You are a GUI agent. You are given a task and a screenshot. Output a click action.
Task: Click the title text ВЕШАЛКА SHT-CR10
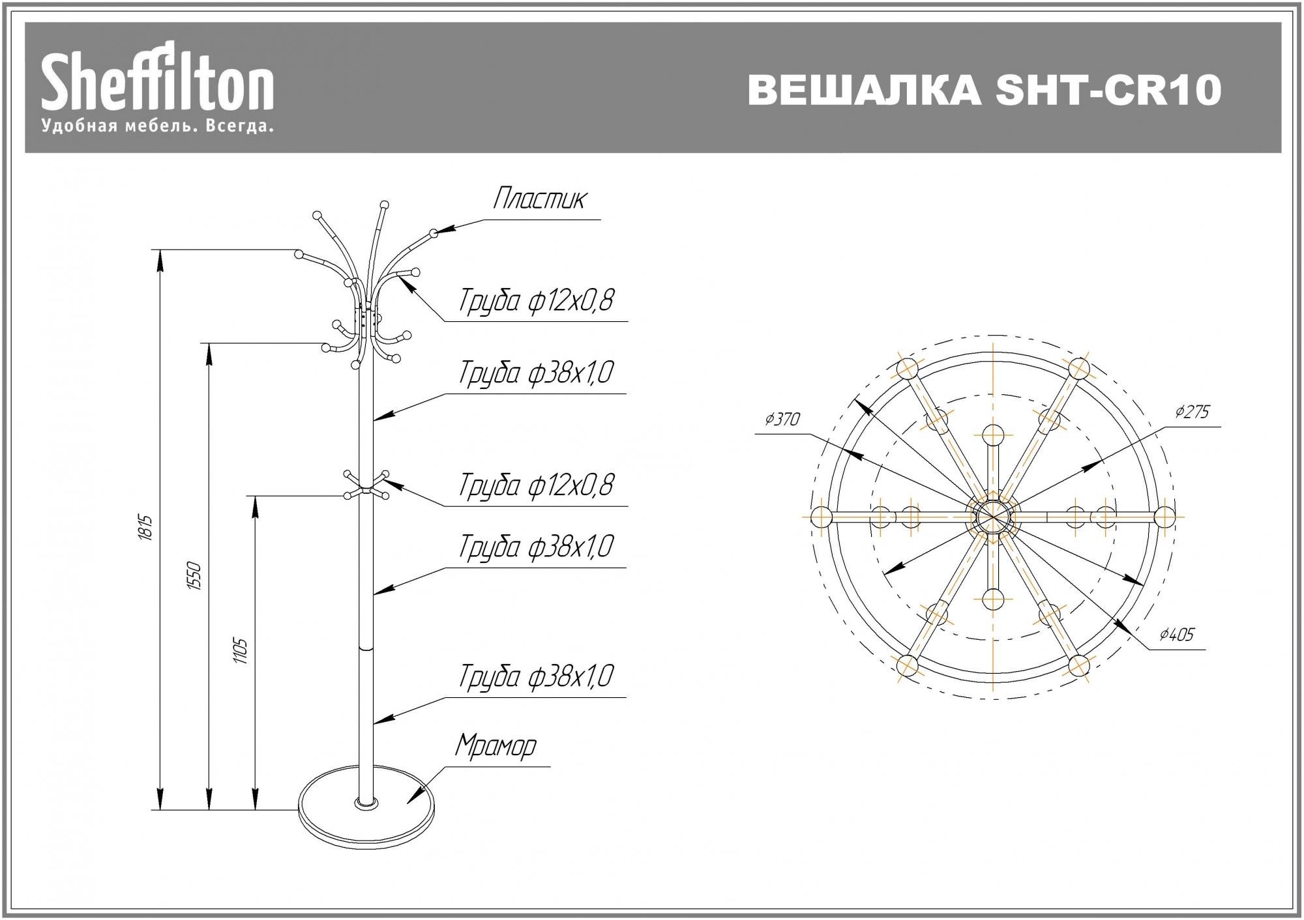pos(985,90)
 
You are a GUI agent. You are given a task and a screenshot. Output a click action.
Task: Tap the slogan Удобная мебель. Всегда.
pos(158,126)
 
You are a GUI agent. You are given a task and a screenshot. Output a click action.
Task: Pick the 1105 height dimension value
pos(240,651)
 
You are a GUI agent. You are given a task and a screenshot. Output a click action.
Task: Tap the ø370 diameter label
pos(782,419)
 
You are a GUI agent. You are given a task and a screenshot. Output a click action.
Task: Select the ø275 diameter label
pos(1193,411)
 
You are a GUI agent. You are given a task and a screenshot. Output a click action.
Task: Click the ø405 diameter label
pos(1178,634)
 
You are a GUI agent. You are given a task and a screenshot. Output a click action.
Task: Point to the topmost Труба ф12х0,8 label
pos(536,301)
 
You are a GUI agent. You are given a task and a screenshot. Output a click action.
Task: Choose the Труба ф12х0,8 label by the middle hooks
pos(536,485)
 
